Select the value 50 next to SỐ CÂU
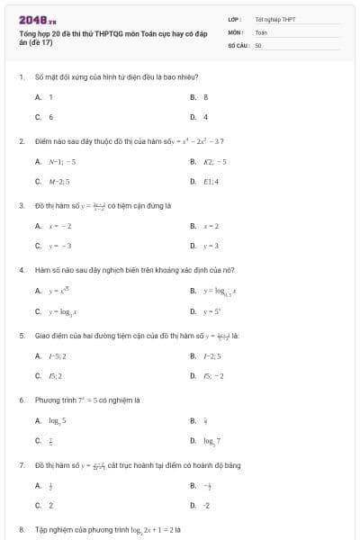tap(258, 44)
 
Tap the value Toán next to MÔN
tap(261, 31)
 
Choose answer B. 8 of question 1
tap(200, 96)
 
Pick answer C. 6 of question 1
tap(45, 117)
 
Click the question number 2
tap(21, 141)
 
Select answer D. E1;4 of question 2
tap(202, 182)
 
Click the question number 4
tap(21, 270)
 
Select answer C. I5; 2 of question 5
tap(50, 376)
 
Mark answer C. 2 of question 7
tap(45, 505)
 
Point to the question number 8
tap(21, 529)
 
